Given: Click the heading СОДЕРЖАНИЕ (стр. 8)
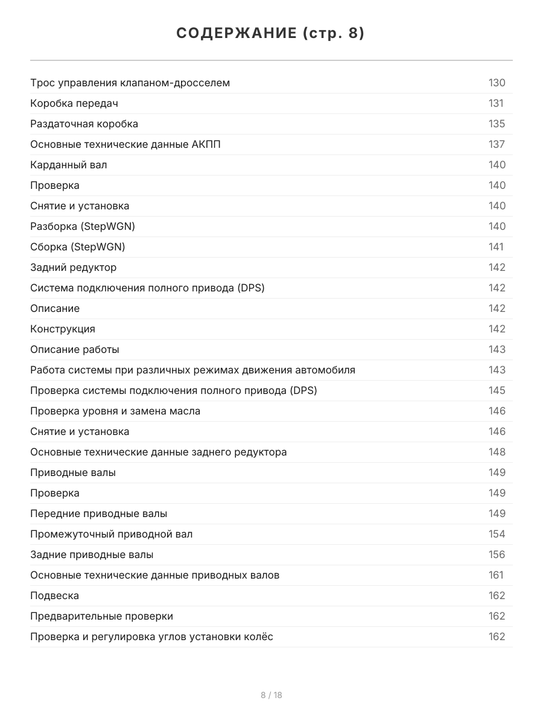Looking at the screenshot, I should [x=271, y=34].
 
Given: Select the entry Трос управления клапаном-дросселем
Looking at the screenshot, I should [x=130, y=83].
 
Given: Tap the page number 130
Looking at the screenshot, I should [x=497, y=83].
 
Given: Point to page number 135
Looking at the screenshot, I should [x=497, y=124].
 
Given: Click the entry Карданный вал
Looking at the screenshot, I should [x=69, y=165].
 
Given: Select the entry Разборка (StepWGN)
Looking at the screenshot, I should [x=83, y=226].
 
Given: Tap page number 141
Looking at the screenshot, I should [x=496, y=247].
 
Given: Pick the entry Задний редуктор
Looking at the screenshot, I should [x=74, y=267].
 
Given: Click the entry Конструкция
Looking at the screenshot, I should [x=63, y=329].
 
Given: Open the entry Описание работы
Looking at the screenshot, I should [x=75, y=349].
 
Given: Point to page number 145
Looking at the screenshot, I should [x=497, y=390].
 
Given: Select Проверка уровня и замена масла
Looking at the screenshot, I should [x=115, y=411].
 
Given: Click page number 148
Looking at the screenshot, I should [x=497, y=452].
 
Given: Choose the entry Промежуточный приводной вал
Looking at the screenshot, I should [x=112, y=534].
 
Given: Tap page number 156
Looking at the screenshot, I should [x=497, y=554].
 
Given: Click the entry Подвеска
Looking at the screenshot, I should [x=55, y=595].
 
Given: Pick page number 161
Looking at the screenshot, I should [x=496, y=575].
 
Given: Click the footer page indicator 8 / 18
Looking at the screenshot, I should [x=271, y=695].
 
